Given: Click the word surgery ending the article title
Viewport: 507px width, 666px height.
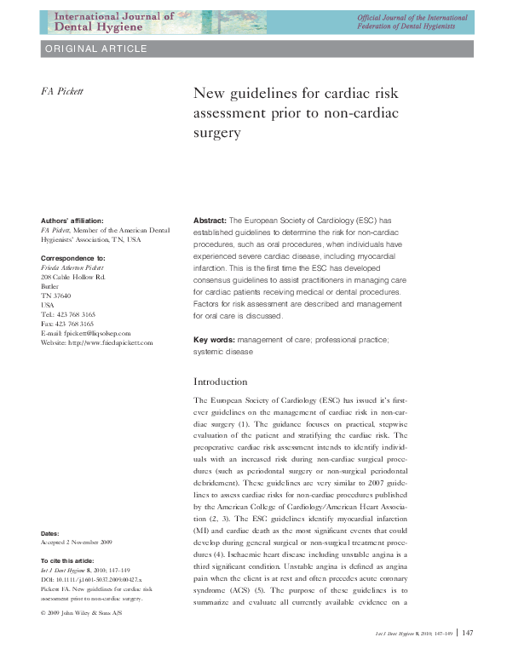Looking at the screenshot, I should pos(218,133).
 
